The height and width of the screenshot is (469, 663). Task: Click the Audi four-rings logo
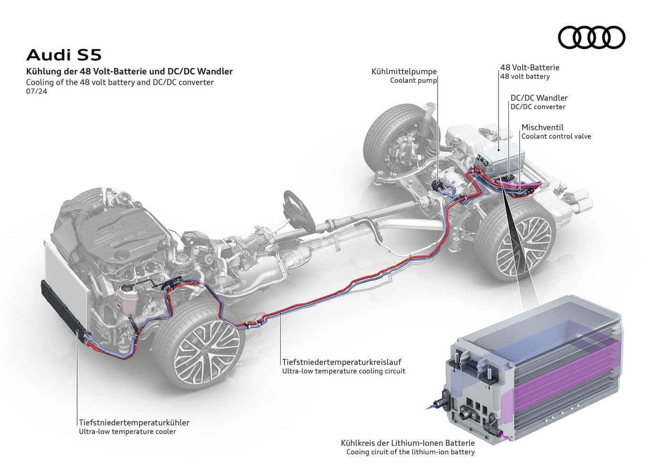click(591, 37)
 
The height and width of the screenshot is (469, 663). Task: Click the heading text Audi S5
click(64, 55)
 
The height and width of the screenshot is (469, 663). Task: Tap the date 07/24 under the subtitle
click(36, 92)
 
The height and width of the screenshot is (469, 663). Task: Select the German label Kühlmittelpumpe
click(404, 71)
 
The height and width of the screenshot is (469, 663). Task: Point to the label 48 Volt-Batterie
click(529, 68)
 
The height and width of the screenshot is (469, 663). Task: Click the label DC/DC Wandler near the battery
click(539, 98)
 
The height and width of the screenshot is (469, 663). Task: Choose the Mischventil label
click(542, 127)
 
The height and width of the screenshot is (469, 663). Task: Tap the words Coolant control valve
click(556, 136)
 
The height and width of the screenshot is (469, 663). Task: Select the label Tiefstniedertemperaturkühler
click(134, 422)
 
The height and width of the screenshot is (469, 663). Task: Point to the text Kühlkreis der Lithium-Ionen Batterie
click(408, 443)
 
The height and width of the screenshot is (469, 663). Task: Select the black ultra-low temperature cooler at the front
click(64, 307)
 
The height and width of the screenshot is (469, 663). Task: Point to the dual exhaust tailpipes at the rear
click(579, 199)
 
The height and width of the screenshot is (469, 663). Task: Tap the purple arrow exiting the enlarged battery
click(508, 437)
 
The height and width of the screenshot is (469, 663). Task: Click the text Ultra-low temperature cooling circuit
click(344, 371)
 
